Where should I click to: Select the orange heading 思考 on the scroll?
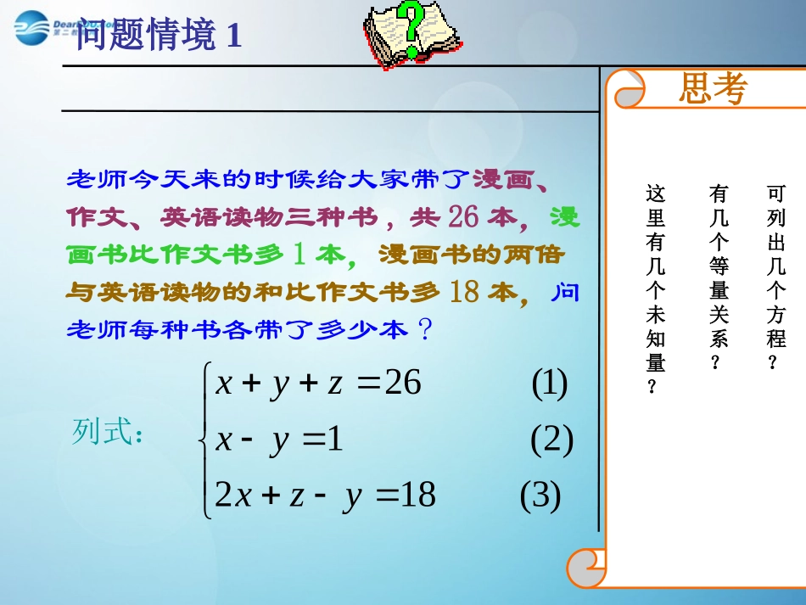tap(713, 88)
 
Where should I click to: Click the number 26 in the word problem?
tap(464, 216)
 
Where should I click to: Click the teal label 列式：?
tap(108, 432)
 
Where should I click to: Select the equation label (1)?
tap(549, 384)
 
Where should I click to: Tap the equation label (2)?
tap(551, 440)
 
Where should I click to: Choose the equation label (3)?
tap(540, 496)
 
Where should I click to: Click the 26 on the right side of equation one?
tap(403, 384)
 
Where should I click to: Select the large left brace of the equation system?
tap(203, 440)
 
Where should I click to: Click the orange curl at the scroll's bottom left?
tap(586, 567)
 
